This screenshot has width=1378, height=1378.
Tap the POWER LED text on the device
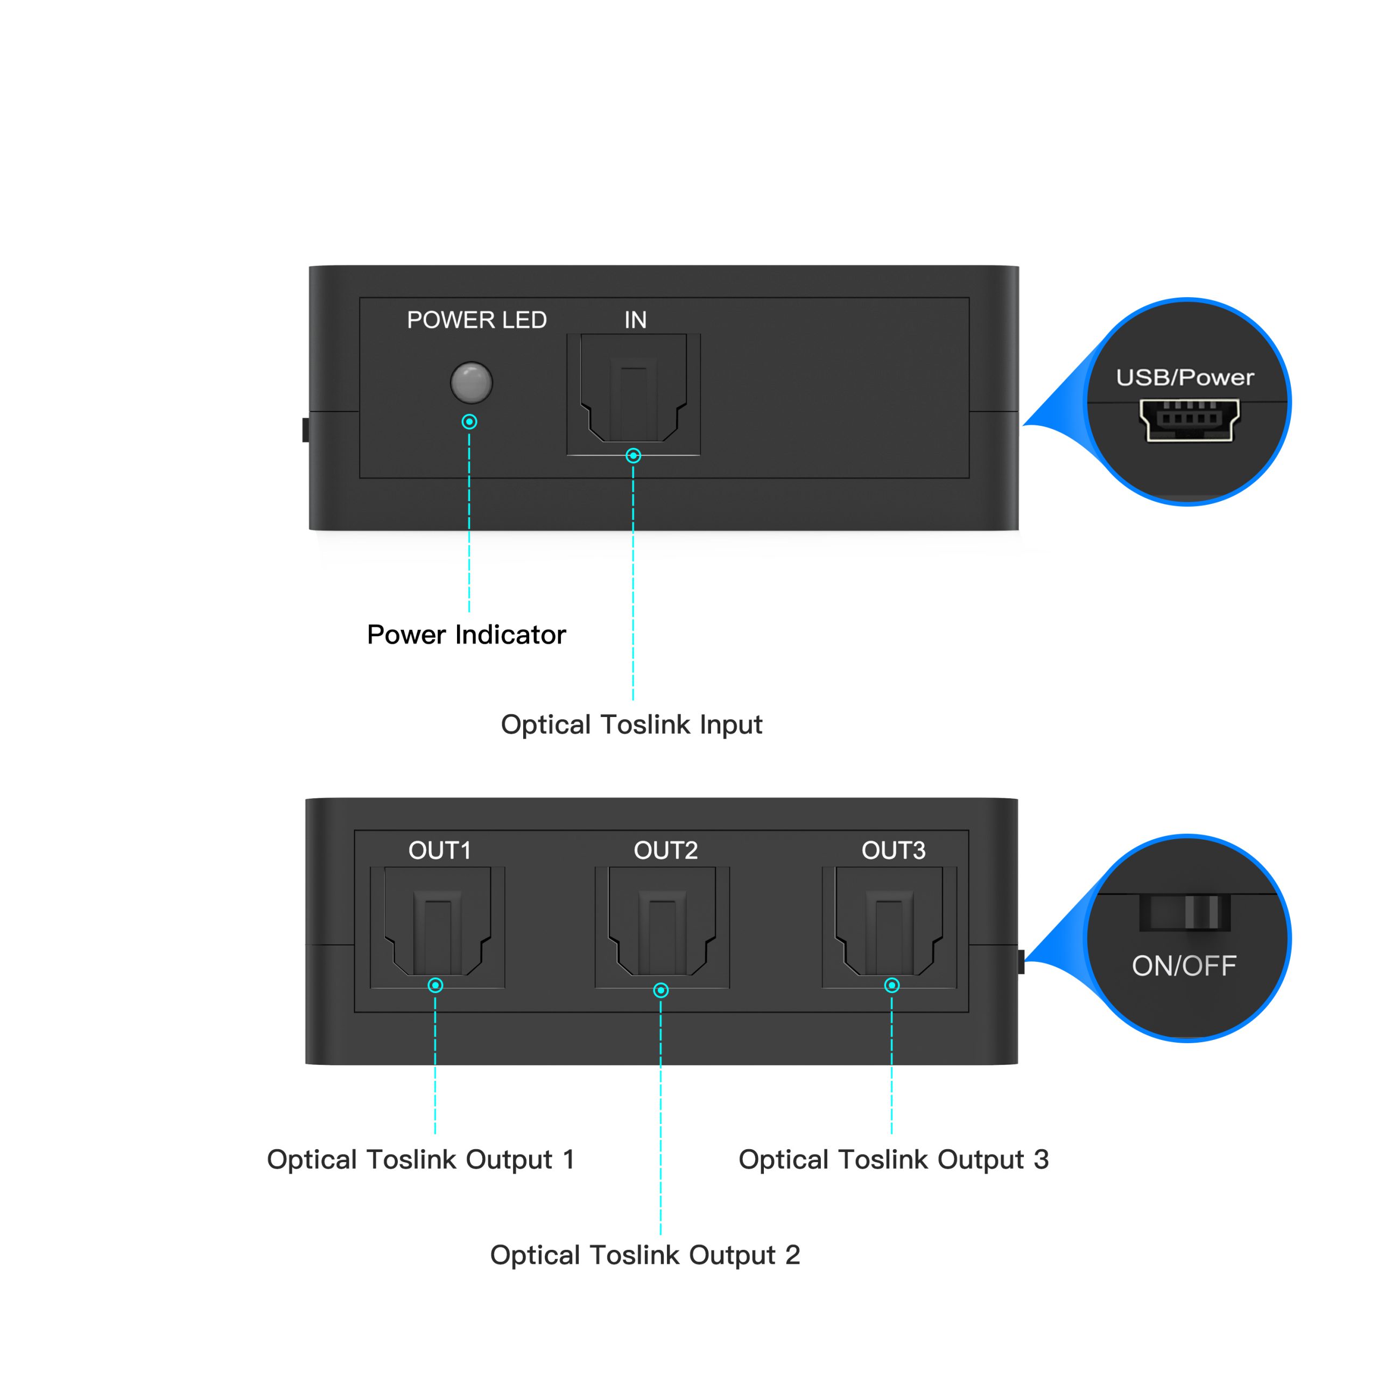(476, 320)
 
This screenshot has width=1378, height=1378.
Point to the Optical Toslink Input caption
(631, 725)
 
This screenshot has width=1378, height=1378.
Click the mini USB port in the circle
(1189, 419)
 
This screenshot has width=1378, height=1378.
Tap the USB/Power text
(1185, 377)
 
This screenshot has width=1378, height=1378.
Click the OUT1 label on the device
(439, 850)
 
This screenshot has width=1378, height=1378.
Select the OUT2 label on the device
(665, 850)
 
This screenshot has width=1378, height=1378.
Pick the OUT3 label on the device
(893, 850)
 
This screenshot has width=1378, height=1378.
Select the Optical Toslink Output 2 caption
(645, 1255)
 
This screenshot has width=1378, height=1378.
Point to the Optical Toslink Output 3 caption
(894, 1160)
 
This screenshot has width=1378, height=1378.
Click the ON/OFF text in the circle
(1184, 966)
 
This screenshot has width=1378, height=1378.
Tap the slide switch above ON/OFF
(1185, 912)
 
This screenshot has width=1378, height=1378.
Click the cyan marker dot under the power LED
(469, 421)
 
